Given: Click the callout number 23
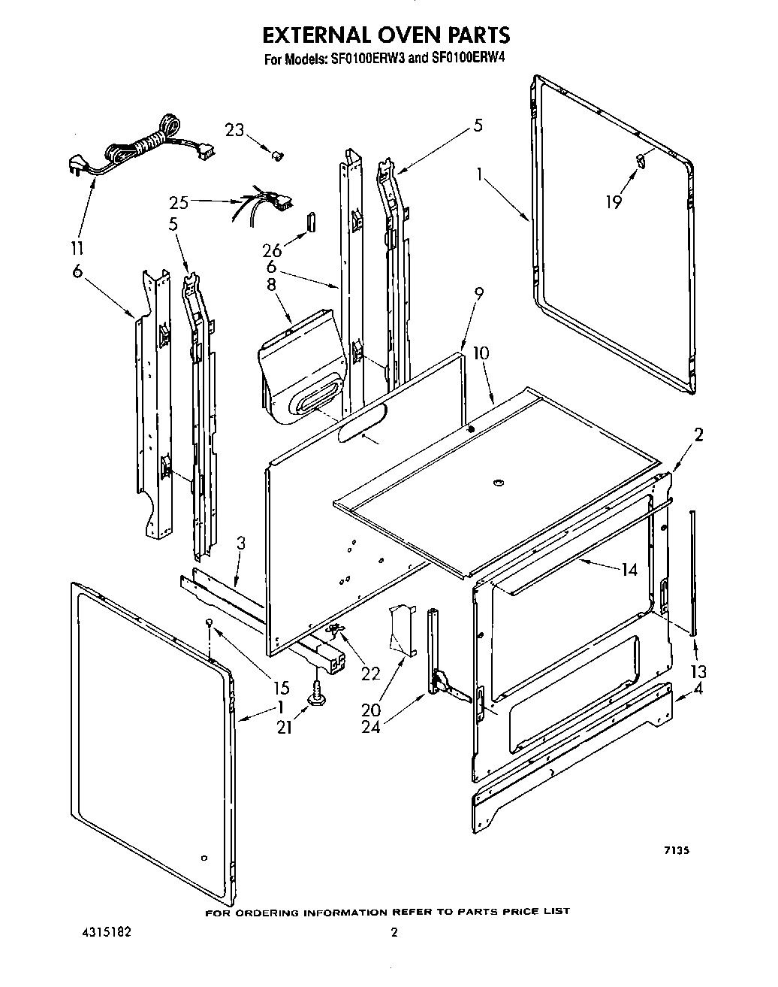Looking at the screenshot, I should click(x=235, y=130).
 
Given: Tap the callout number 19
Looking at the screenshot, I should click(x=614, y=201).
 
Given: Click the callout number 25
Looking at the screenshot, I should click(x=178, y=201).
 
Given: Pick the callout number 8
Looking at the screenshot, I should click(x=271, y=284).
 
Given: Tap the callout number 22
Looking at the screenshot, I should click(x=371, y=674).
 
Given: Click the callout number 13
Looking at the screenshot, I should click(x=698, y=671).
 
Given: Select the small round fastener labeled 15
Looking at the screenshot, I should click(x=211, y=622).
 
